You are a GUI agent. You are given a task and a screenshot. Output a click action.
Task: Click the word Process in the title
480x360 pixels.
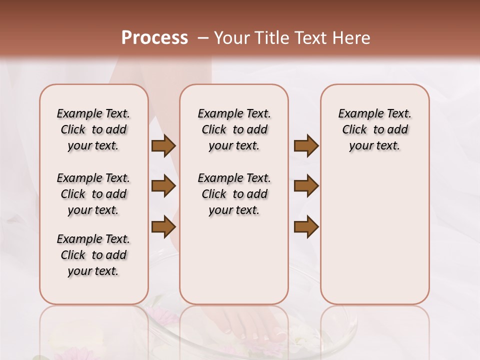tap(154, 38)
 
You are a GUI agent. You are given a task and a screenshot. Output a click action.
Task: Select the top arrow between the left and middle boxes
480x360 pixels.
tap(163, 146)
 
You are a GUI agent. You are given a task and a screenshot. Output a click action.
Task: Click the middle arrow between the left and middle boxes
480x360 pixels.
tap(163, 186)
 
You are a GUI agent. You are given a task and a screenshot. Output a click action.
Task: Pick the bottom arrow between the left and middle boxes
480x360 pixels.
tap(163, 226)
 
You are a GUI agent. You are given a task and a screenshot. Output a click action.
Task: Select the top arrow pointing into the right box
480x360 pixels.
tap(306, 146)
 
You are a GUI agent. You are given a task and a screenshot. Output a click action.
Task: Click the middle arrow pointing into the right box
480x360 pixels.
tap(306, 186)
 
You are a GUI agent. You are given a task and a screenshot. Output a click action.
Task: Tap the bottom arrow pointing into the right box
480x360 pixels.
tap(306, 226)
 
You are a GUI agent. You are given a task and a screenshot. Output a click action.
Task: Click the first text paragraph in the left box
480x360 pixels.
tap(93, 129)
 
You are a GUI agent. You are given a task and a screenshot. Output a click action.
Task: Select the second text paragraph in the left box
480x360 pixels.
tap(93, 194)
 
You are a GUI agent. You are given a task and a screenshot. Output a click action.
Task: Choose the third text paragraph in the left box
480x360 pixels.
tap(93, 255)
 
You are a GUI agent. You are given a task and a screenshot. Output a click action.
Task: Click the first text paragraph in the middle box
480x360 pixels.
tap(234, 129)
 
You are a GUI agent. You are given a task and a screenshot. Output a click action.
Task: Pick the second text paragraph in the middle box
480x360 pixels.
tap(234, 194)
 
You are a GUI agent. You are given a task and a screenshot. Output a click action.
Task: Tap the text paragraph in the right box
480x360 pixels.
tap(374, 129)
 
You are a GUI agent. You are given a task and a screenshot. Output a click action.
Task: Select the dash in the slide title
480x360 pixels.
tap(202, 38)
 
